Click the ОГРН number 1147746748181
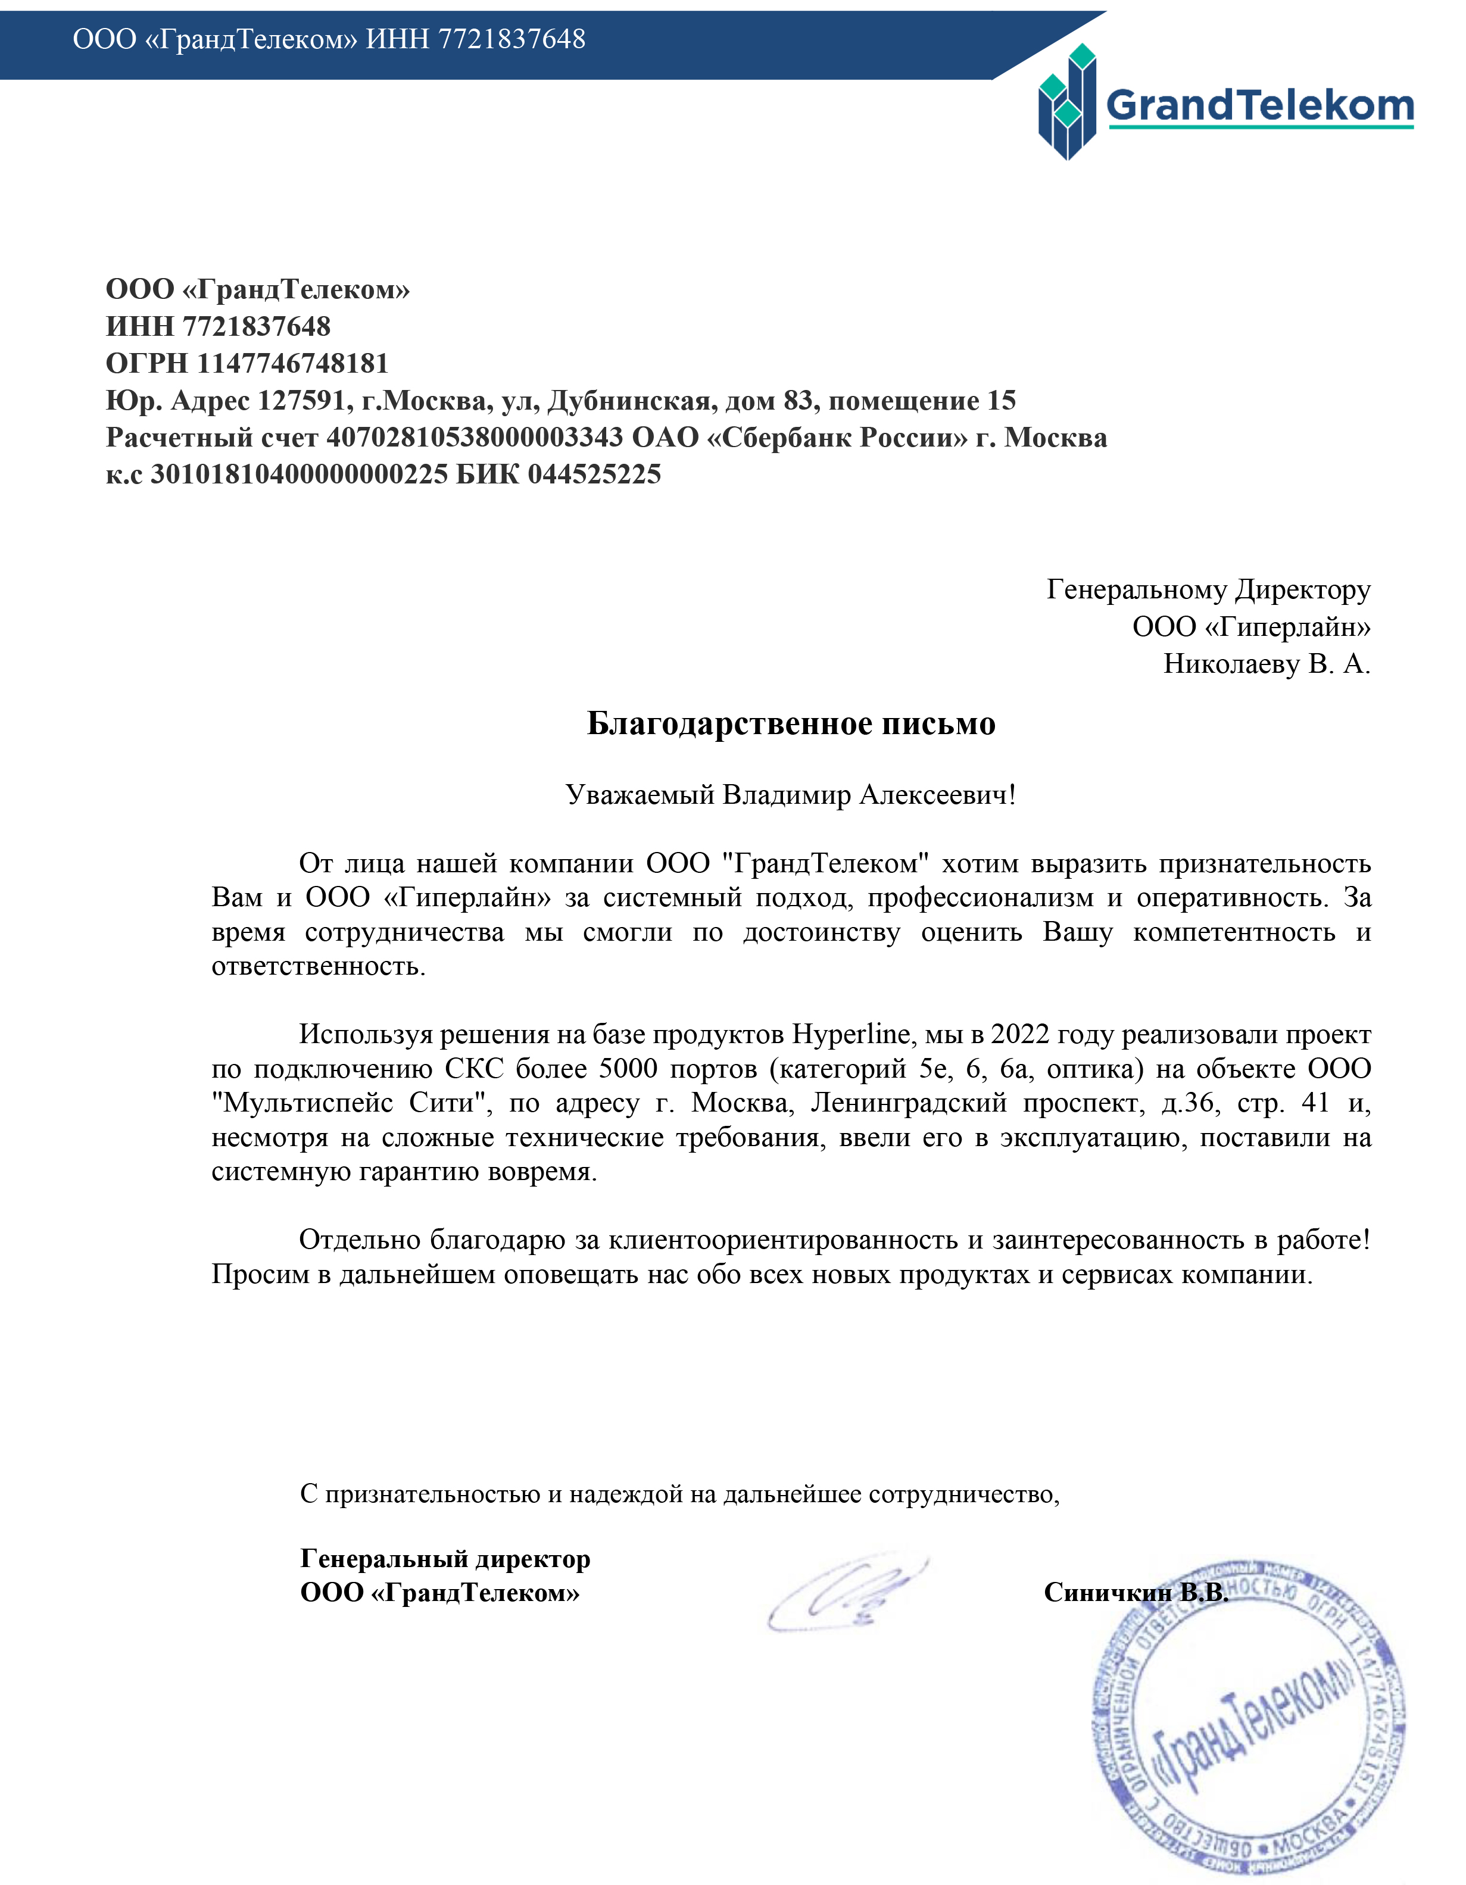coord(293,363)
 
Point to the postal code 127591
coord(301,401)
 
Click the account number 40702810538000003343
coord(474,438)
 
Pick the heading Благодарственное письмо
coord(791,723)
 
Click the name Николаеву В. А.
coord(1267,664)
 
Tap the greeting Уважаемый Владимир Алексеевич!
coord(791,794)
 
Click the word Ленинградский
coord(909,1103)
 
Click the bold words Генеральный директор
coord(445,1558)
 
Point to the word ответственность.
coord(319,966)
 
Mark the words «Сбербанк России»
coord(837,438)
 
